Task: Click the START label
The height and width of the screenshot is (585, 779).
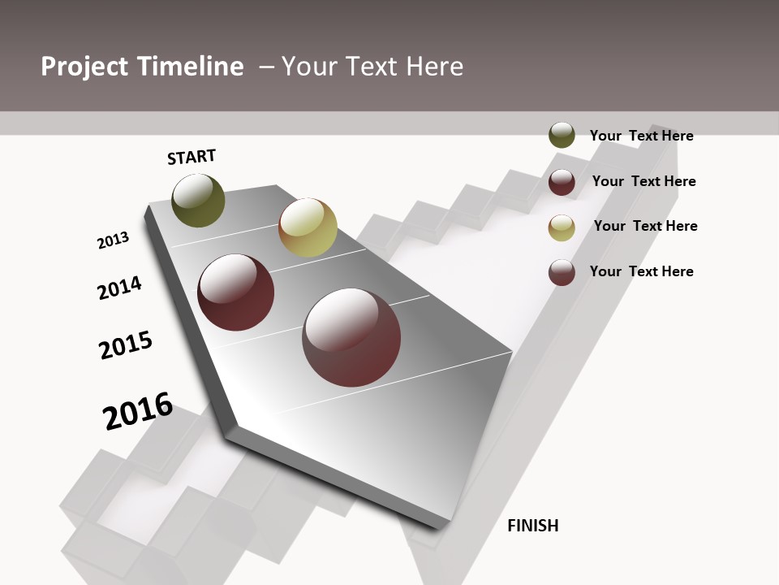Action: coord(192,157)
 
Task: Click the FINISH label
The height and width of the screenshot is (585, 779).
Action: coord(533,526)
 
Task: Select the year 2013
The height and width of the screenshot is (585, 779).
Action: coord(113,240)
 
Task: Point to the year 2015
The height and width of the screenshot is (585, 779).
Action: coord(126,345)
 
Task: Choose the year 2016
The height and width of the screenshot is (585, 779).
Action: coord(138,411)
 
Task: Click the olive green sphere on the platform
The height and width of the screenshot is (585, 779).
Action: coord(199,201)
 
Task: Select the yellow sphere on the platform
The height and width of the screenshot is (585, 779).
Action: coord(308,227)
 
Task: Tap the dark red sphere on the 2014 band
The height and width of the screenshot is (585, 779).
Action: coord(236,292)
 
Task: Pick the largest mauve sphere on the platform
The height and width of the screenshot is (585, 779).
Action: coord(351,337)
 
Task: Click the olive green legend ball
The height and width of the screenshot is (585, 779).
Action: coord(562,136)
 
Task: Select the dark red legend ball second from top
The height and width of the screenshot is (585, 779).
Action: coord(562,182)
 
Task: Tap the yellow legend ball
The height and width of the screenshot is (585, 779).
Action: coord(562,227)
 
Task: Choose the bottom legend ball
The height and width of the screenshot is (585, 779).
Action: coord(562,272)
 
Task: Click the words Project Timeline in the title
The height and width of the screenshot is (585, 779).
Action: coord(142,67)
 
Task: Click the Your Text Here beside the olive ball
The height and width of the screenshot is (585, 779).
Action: coord(641,136)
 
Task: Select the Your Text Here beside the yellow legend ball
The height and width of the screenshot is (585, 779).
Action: coord(645,226)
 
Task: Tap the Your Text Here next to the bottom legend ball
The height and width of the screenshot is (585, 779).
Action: coord(641,271)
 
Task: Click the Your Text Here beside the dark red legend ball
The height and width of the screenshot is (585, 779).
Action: coord(643,181)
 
